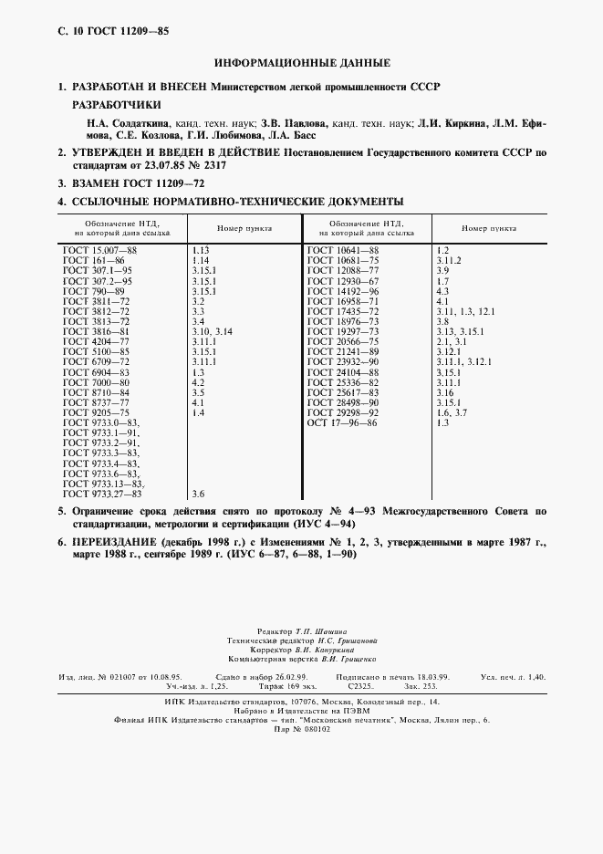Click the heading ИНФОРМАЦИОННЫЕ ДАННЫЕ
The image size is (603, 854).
(x=302, y=63)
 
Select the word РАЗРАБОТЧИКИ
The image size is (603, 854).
(x=116, y=105)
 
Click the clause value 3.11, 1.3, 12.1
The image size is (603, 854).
(x=465, y=311)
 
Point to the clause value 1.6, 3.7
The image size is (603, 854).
(x=452, y=412)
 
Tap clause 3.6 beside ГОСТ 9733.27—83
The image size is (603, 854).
(x=198, y=494)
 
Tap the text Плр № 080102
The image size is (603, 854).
(x=302, y=729)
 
